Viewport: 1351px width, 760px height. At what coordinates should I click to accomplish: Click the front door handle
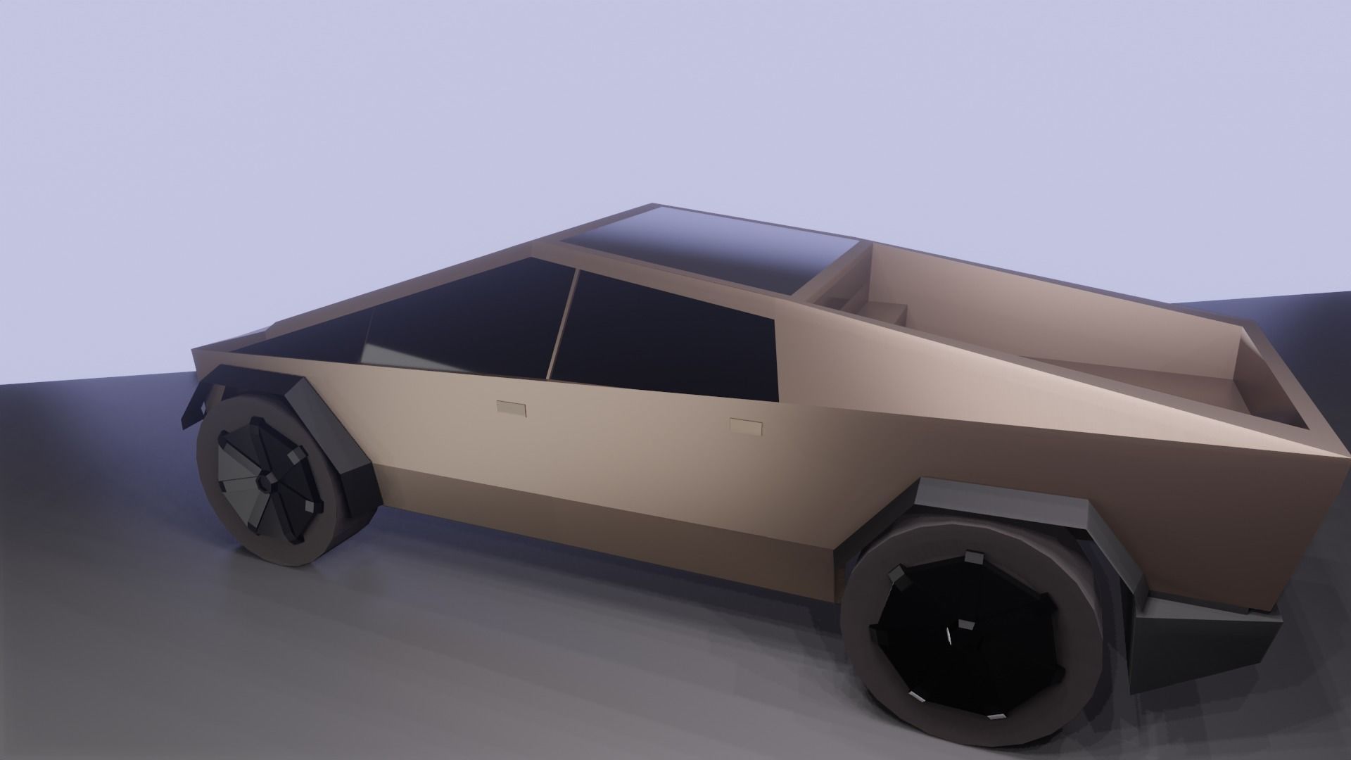511,408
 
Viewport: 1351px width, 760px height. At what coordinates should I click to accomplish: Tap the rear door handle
747,426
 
